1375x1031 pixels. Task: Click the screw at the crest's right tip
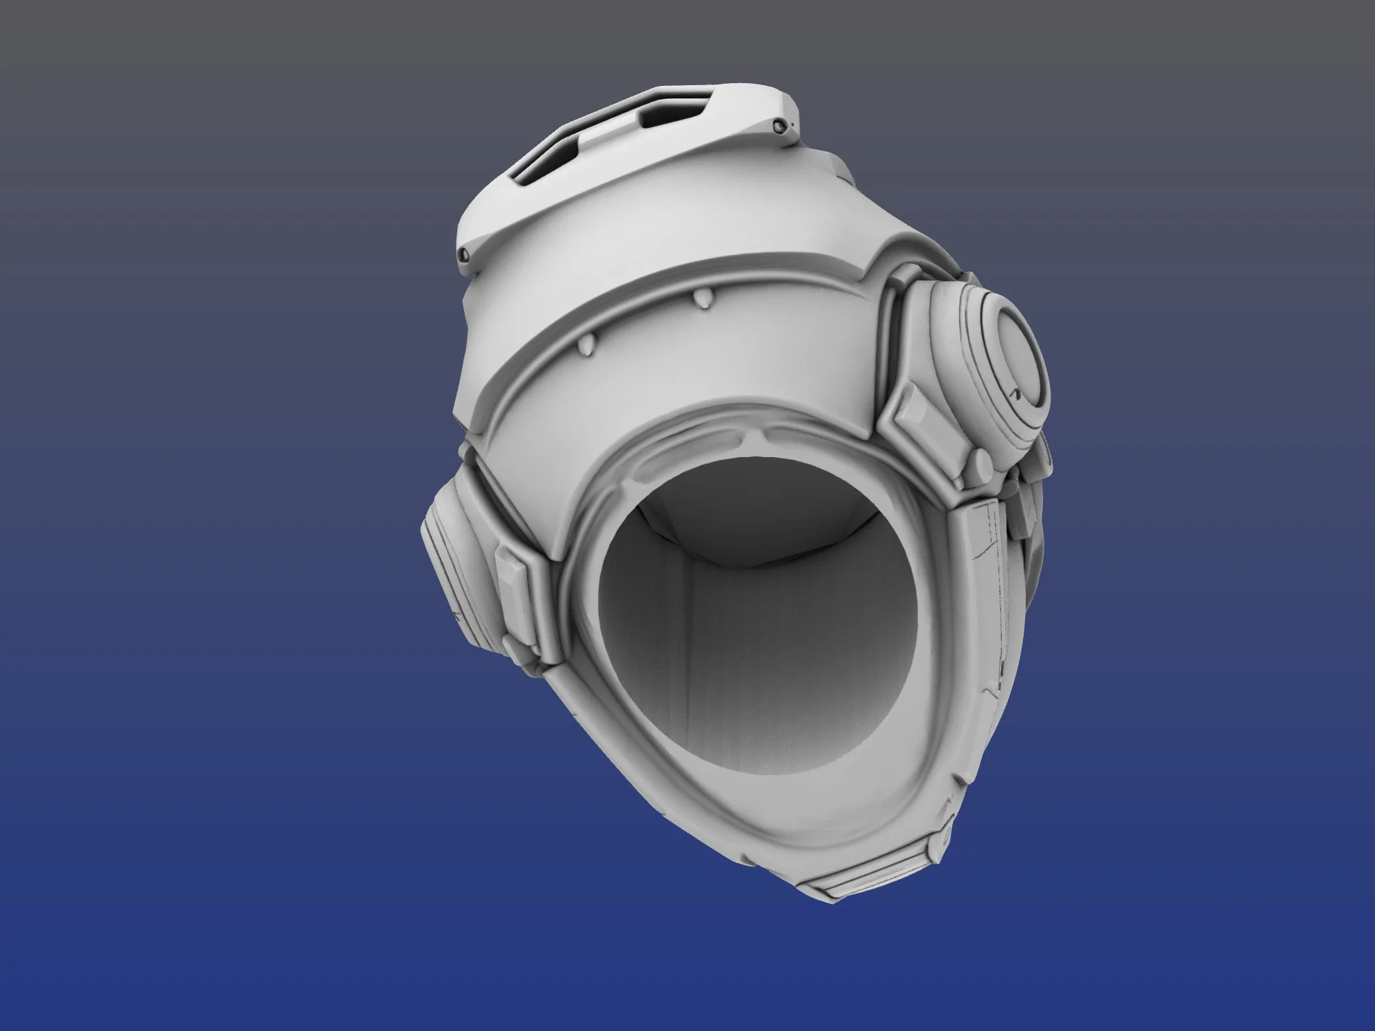[779, 126]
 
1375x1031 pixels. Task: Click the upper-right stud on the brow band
[703, 298]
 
